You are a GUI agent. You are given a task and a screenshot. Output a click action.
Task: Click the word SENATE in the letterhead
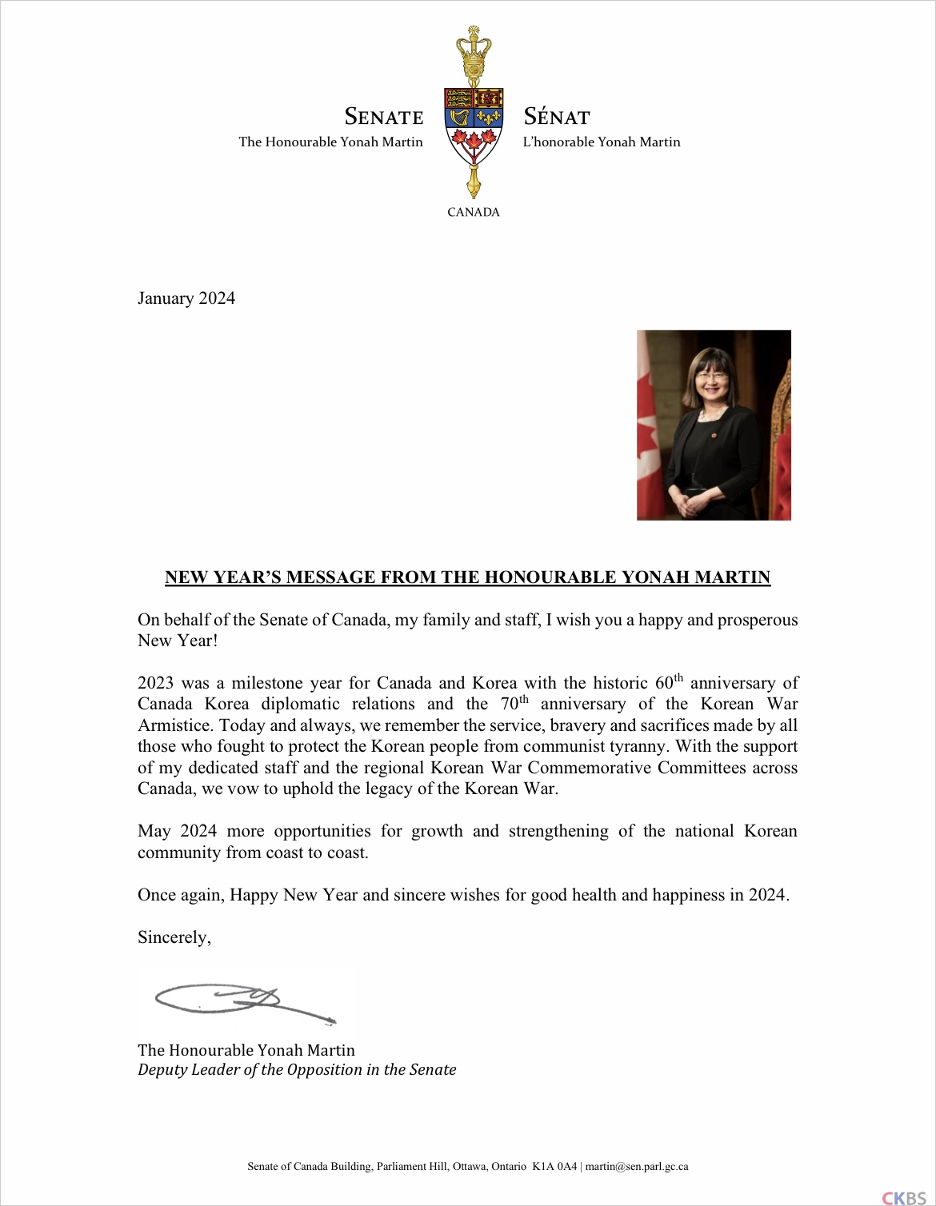click(x=383, y=117)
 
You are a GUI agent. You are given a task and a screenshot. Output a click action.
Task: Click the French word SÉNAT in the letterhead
click(x=557, y=117)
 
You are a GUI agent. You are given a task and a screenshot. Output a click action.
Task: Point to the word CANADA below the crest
click(x=474, y=212)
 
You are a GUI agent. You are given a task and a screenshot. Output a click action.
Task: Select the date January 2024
click(x=186, y=298)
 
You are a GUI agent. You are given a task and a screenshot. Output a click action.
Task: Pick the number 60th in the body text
click(x=669, y=682)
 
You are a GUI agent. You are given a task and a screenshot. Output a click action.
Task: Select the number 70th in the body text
click(x=514, y=703)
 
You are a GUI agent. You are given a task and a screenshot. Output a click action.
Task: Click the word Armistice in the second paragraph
click(x=175, y=725)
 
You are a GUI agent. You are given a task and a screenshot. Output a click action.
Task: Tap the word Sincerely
click(x=174, y=937)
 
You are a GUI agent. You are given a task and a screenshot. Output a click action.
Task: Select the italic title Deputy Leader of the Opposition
click(x=297, y=1070)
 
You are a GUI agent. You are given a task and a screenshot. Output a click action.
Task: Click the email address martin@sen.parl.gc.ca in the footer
click(x=637, y=1167)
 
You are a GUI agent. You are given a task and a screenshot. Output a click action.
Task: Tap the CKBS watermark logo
click(x=903, y=1197)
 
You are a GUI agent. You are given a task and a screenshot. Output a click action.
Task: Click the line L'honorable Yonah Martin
click(x=602, y=142)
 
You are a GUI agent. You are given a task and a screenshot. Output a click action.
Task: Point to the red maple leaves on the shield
click(x=474, y=144)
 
